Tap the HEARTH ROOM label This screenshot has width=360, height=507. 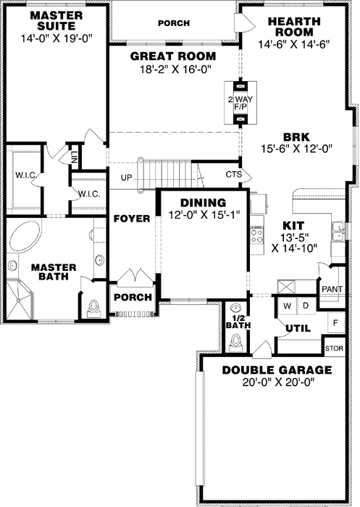click(293, 27)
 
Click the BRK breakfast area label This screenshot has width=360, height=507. click(297, 138)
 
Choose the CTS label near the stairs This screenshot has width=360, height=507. click(233, 175)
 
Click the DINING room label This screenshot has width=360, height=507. click(204, 203)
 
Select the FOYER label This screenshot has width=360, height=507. click(131, 218)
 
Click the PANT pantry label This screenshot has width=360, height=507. click(332, 289)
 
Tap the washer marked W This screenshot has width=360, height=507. click(288, 306)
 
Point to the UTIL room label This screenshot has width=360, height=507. click(298, 329)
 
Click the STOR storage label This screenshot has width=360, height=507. click(334, 348)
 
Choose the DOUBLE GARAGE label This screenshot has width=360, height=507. click(277, 370)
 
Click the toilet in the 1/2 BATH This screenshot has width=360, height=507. click(233, 345)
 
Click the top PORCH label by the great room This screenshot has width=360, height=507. click(174, 23)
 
